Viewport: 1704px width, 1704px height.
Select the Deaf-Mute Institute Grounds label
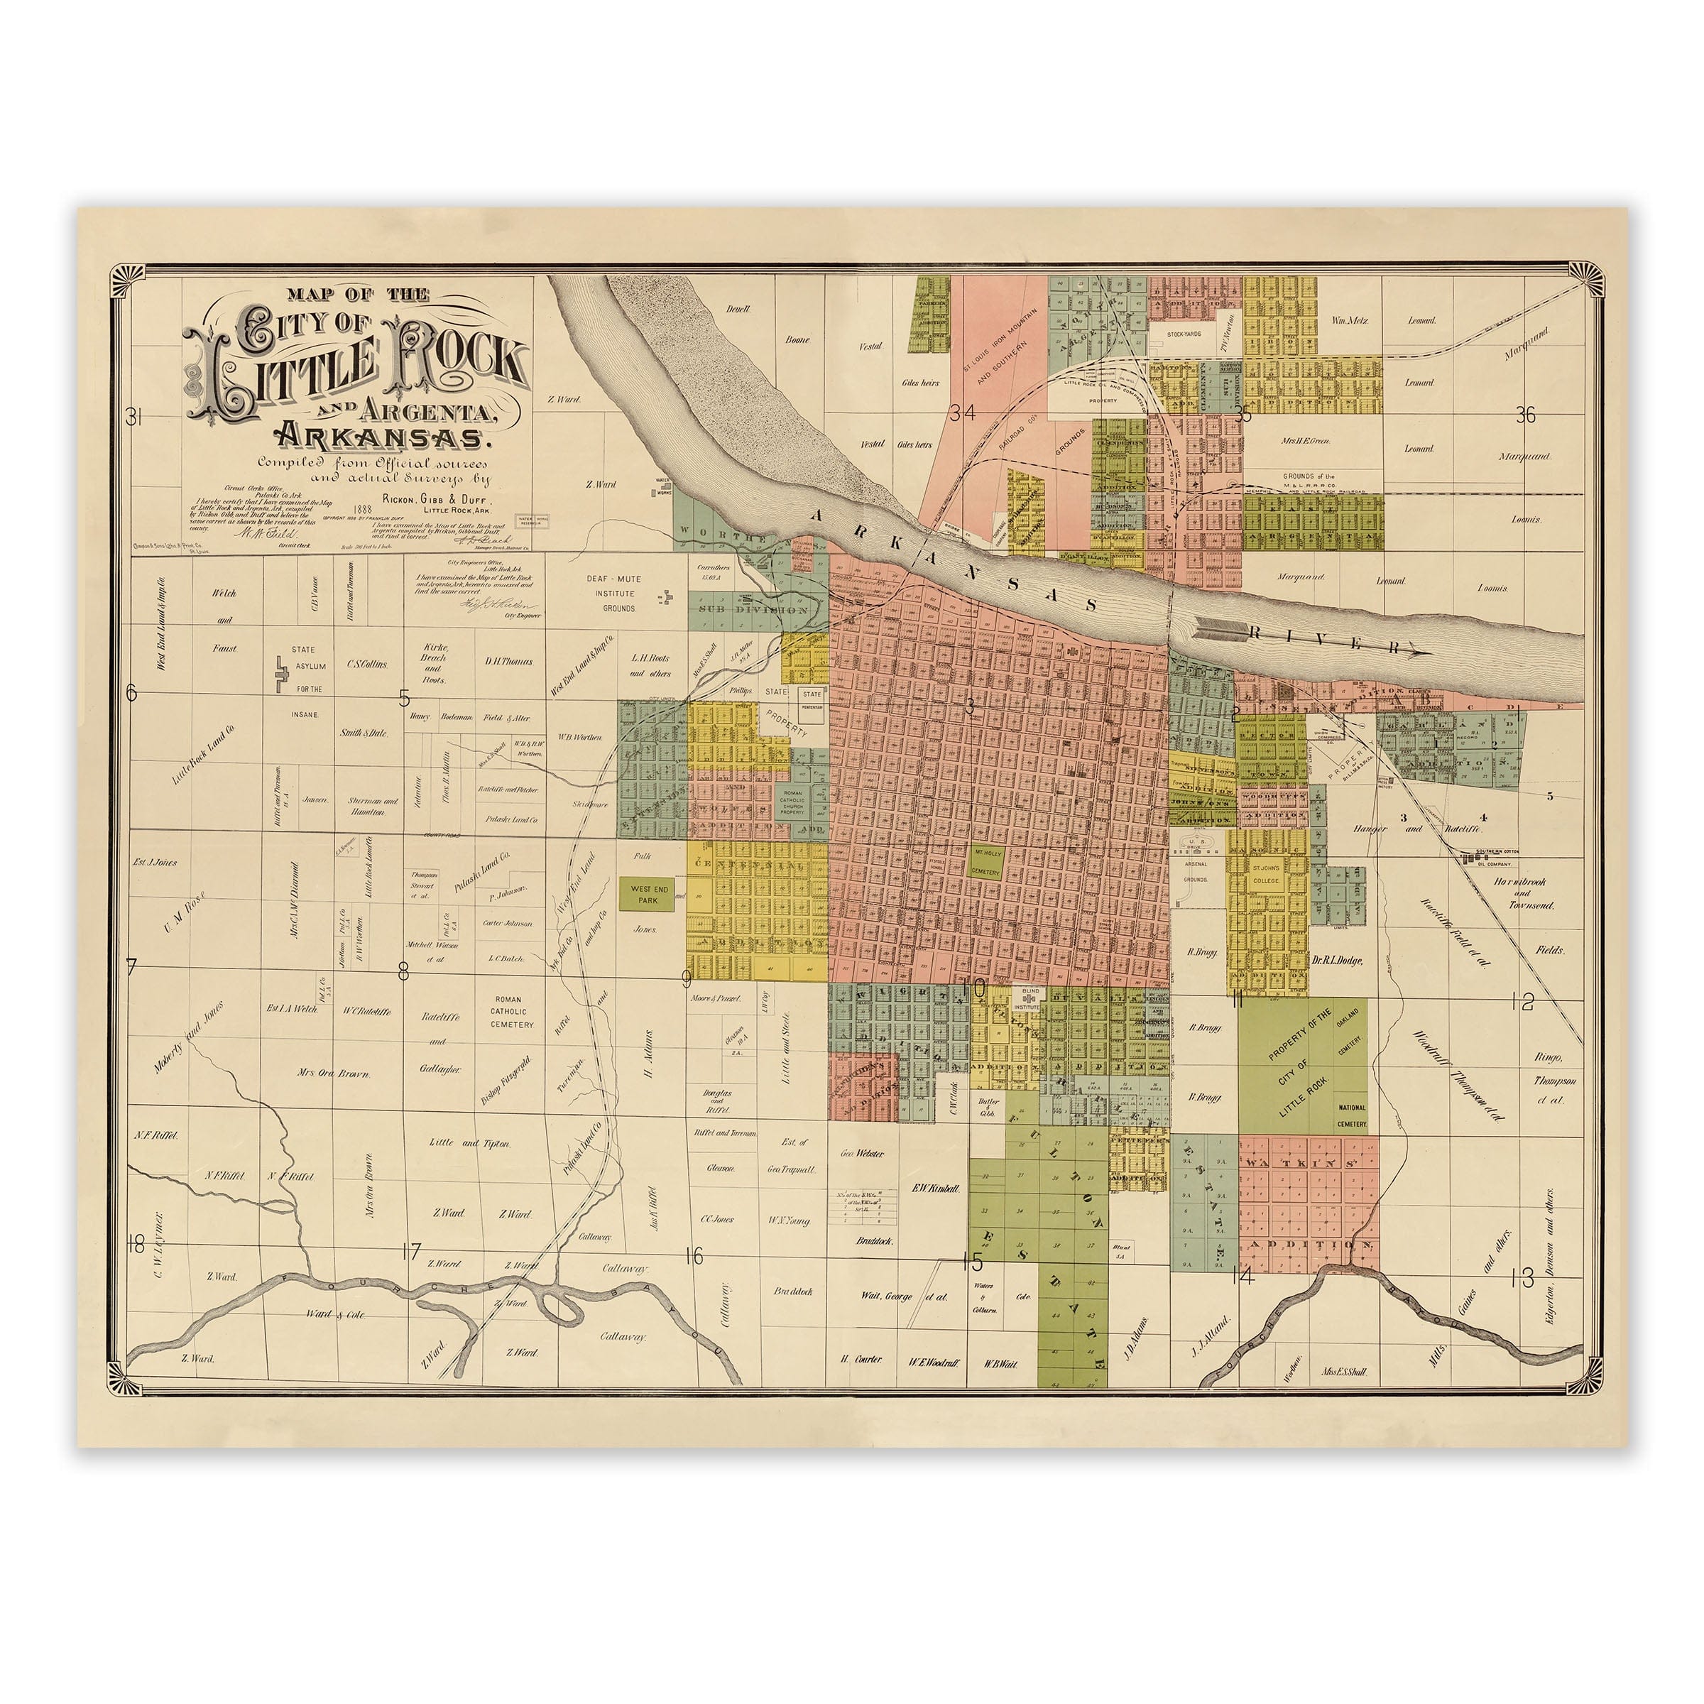(x=615, y=594)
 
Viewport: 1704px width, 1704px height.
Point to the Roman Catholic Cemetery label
(x=513, y=1012)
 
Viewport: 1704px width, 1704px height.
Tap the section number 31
(x=133, y=417)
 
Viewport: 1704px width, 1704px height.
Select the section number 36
(x=1525, y=415)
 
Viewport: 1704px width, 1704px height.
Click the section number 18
(x=135, y=1245)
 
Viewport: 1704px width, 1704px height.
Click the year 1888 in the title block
(x=360, y=509)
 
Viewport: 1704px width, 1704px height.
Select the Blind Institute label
(x=1027, y=999)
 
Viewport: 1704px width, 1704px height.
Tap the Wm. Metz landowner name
(x=1350, y=320)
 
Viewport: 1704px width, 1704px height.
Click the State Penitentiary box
(x=812, y=699)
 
